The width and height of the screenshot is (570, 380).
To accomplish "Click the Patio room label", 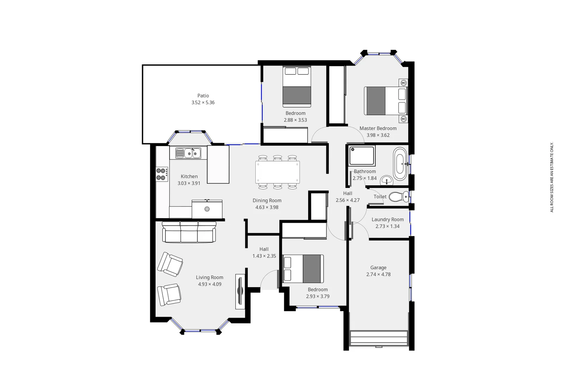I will [203, 96].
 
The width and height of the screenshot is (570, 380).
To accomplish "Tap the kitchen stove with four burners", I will [161, 174].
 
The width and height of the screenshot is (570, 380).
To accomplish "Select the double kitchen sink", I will [188, 153].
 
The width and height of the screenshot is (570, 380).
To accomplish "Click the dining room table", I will [277, 172].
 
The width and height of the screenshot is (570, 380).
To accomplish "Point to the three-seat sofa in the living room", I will [189, 232].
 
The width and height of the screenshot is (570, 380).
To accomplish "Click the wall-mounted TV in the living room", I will [240, 291].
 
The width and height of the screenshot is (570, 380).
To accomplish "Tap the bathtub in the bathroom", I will [400, 164].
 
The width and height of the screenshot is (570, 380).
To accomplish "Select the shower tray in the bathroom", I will [362, 156].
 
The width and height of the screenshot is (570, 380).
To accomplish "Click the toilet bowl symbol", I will [399, 197].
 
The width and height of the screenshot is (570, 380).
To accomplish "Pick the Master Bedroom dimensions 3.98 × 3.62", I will [378, 135].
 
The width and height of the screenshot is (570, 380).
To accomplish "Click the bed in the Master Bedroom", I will [385, 101].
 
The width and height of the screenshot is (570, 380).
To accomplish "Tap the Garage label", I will [378, 267].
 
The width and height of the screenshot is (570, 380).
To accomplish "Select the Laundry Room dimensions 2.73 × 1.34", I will [387, 226].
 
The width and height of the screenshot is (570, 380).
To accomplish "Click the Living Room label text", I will [209, 277].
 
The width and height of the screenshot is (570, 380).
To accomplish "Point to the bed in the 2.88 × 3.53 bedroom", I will [297, 87].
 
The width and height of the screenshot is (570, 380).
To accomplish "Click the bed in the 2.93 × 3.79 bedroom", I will [303, 269].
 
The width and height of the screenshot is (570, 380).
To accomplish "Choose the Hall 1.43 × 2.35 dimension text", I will [264, 256].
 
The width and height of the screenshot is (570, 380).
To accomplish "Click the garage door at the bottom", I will [379, 338].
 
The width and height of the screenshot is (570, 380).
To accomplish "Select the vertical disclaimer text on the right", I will [552, 177].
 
